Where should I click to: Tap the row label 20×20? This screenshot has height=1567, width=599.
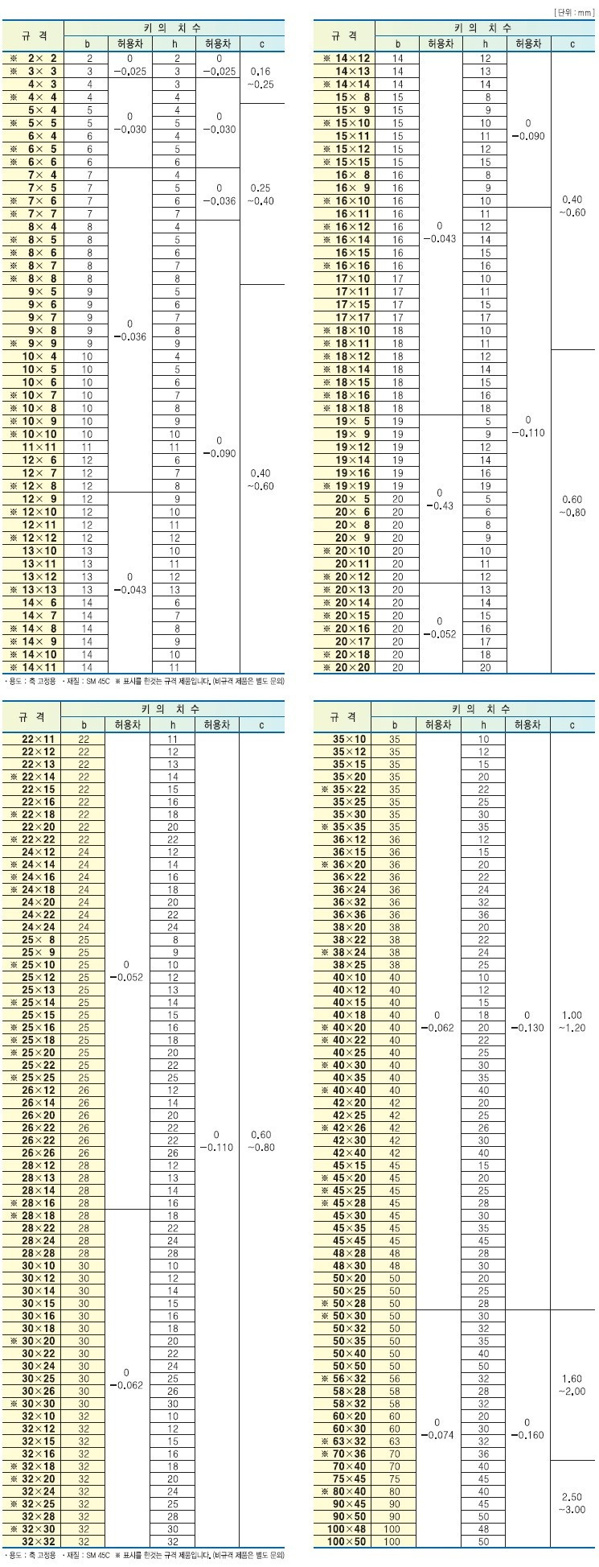(x=351, y=667)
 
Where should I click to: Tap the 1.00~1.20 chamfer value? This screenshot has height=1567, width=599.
(x=572, y=1021)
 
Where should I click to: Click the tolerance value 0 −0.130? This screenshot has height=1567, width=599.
(x=527, y=1021)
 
